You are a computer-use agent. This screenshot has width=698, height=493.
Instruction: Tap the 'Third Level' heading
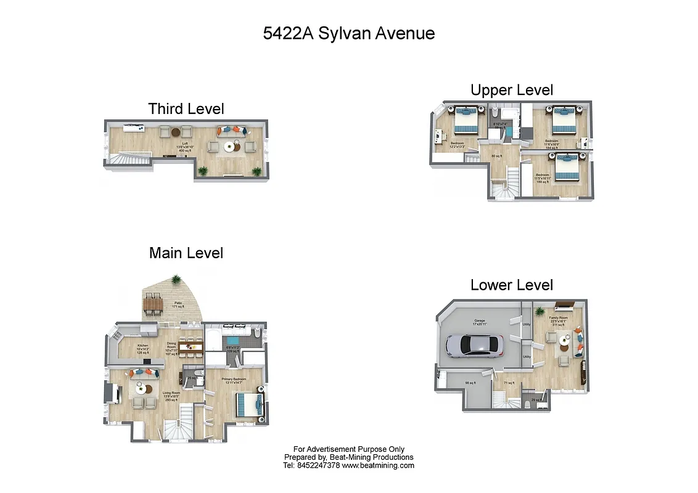pos(186,109)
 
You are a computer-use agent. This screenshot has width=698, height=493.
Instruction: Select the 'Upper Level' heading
pos(511,90)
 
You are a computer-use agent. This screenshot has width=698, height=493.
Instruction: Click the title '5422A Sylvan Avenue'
pos(348,33)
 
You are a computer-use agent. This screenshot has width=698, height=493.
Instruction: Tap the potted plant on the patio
pos(177,280)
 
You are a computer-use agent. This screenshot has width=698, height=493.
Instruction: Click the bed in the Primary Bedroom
pos(250,405)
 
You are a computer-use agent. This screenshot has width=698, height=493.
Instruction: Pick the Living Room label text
pos(171,394)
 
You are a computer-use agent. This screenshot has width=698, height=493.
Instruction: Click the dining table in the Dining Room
pos(191,346)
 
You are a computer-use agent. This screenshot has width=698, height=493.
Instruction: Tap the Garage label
pos(479,322)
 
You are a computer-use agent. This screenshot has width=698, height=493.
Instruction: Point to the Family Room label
pos(559,320)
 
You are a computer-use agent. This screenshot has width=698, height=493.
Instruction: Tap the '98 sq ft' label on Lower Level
pos(470,383)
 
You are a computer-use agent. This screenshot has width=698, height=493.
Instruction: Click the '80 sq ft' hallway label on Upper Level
pos(496,155)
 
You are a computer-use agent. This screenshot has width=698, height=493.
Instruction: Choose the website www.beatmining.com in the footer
pos(378,466)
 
